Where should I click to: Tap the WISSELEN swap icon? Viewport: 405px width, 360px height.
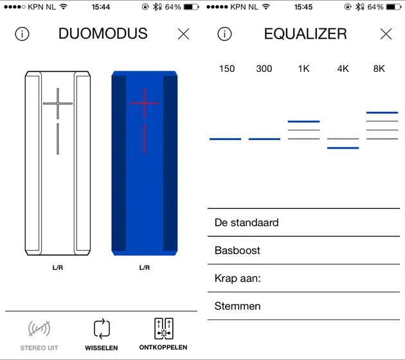click(x=102, y=328)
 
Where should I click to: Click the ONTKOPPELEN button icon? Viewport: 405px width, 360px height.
click(x=163, y=328)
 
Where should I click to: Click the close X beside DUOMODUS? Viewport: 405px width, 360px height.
click(x=183, y=34)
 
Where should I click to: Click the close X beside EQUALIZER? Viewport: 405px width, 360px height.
click(x=386, y=34)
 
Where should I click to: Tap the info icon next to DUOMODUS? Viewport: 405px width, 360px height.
click(x=22, y=34)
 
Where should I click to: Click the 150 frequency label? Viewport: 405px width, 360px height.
click(x=227, y=69)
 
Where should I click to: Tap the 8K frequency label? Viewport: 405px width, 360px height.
click(x=379, y=69)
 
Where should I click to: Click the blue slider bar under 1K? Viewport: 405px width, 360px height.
click(x=303, y=121)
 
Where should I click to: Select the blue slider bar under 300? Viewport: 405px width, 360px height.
click(x=264, y=139)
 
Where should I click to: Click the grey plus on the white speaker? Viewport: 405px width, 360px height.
click(x=58, y=103)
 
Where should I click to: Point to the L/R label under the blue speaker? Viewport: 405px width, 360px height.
click(x=145, y=267)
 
